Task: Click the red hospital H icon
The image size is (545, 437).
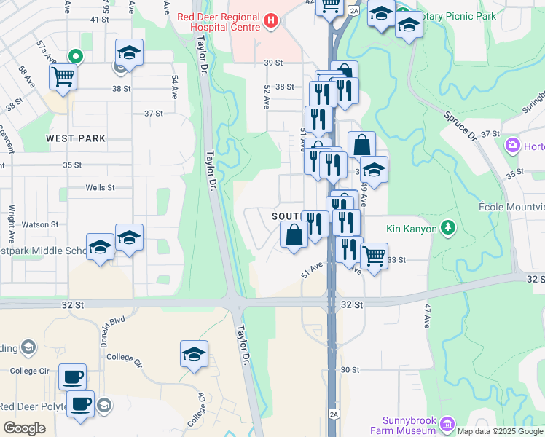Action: (x=272, y=20)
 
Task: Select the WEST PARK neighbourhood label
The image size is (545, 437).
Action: (x=75, y=138)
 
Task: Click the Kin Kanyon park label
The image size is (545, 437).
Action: (x=412, y=229)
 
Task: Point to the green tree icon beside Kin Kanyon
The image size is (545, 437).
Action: (x=449, y=228)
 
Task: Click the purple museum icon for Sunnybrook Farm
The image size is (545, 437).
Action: (x=447, y=423)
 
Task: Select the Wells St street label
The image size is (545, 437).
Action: (x=100, y=187)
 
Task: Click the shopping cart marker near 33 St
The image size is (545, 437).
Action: (x=374, y=256)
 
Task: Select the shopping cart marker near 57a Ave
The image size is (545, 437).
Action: (x=63, y=76)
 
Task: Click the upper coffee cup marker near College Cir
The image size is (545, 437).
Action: (x=72, y=377)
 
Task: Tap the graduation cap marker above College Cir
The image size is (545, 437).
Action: (x=195, y=354)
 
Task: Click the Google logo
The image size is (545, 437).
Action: (x=24, y=428)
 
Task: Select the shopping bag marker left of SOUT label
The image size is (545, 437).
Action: (x=294, y=235)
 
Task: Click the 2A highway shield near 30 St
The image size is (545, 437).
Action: (x=334, y=414)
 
